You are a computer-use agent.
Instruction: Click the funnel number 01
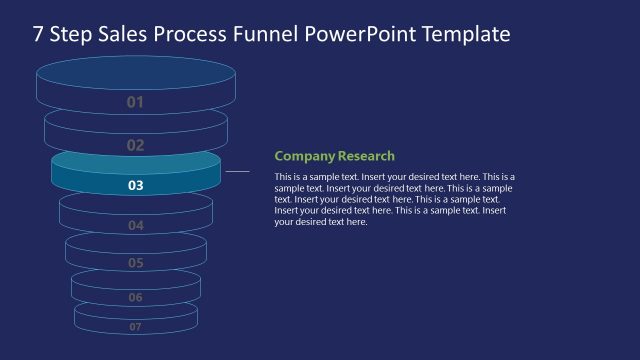tap(136, 102)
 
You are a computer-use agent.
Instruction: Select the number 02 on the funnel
tap(136, 145)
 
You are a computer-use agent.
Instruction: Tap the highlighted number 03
tap(136, 185)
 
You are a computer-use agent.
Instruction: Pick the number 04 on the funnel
tap(136, 226)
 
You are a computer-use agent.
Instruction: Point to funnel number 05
tap(136, 263)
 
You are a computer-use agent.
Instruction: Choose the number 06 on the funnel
tap(136, 298)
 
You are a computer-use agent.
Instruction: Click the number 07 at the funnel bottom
tap(136, 327)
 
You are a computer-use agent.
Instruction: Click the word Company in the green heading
tap(304, 156)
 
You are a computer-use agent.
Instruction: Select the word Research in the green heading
tap(366, 156)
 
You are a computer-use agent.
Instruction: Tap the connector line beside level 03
tap(237, 171)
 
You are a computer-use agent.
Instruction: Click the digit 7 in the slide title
tap(38, 35)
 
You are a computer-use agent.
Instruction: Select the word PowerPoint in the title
tap(366, 35)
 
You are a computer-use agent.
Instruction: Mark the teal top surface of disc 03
tap(136, 161)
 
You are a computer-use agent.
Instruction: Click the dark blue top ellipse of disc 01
tap(136, 73)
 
